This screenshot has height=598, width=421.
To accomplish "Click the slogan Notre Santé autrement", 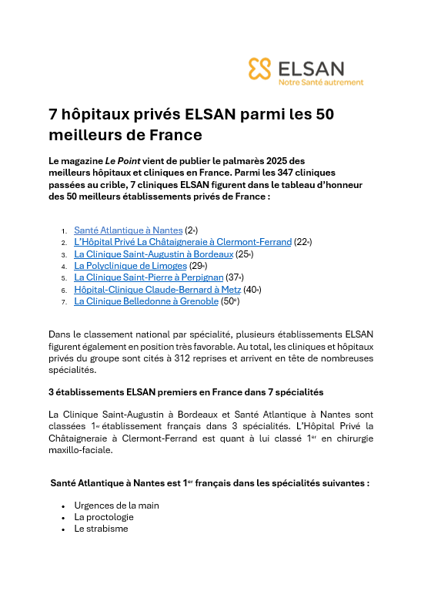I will [x=321, y=82].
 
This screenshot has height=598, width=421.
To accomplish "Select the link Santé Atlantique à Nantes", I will [x=128, y=230].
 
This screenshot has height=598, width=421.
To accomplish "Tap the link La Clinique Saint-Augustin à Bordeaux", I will [x=153, y=254].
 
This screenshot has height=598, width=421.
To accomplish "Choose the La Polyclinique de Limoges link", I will [x=130, y=266].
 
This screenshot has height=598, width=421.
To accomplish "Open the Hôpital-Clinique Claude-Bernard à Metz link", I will [x=157, y=290].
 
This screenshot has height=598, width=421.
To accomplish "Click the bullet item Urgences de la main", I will [x=116, y=506].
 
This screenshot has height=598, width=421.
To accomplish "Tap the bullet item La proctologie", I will [x=104, y=517].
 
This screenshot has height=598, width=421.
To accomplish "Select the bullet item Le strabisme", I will [x=100, y=529].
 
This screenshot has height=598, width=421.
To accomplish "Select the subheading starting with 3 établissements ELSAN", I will [x=185, y=392].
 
